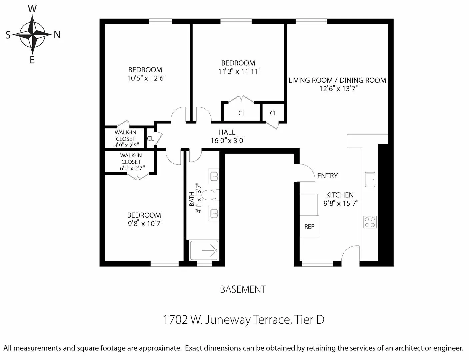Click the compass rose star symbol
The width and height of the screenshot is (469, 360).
pyautogui.click(x=32, y=34)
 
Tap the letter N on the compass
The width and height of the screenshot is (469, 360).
pyautogui.click(x=57, y=35)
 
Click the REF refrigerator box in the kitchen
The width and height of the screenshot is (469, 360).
pyautogui.click(x=309, y=227)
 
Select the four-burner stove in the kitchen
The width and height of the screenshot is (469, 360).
pyautogui.click(x=370, y=222)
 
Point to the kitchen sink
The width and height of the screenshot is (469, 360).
pyautogui.click(x=370, y=179)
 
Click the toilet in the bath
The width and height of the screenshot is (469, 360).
pyautogui.click(x=210, y=195)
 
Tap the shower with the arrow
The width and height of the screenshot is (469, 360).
pyautogui.click(x=204, y=250)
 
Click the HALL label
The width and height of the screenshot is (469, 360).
pyautogui.click(x=227, y=132)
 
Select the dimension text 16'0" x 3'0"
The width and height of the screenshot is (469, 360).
pyautogui.click(x=228, y=141)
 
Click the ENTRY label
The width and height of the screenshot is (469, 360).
pyautogui.click(x=327, y=176)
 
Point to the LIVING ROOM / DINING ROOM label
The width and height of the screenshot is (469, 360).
pyautogui.click(x=337, y=80)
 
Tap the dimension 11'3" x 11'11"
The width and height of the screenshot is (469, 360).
pyautogui.click(x=239, y=71)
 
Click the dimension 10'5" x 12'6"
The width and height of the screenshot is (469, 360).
pyautogui.click(x=146, y=78)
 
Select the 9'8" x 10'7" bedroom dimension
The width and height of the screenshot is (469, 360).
pyautogui.click(x=145, y=224)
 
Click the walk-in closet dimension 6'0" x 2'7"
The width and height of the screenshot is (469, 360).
pyautogui.click(x=132, y=168)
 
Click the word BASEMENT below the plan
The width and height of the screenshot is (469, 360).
pyautogui.click(x=243, y=289)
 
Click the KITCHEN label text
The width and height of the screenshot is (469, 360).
pyautogui.click(x=340, y=195)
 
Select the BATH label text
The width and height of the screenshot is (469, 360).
pyautogui.click(x=192, y=199)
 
